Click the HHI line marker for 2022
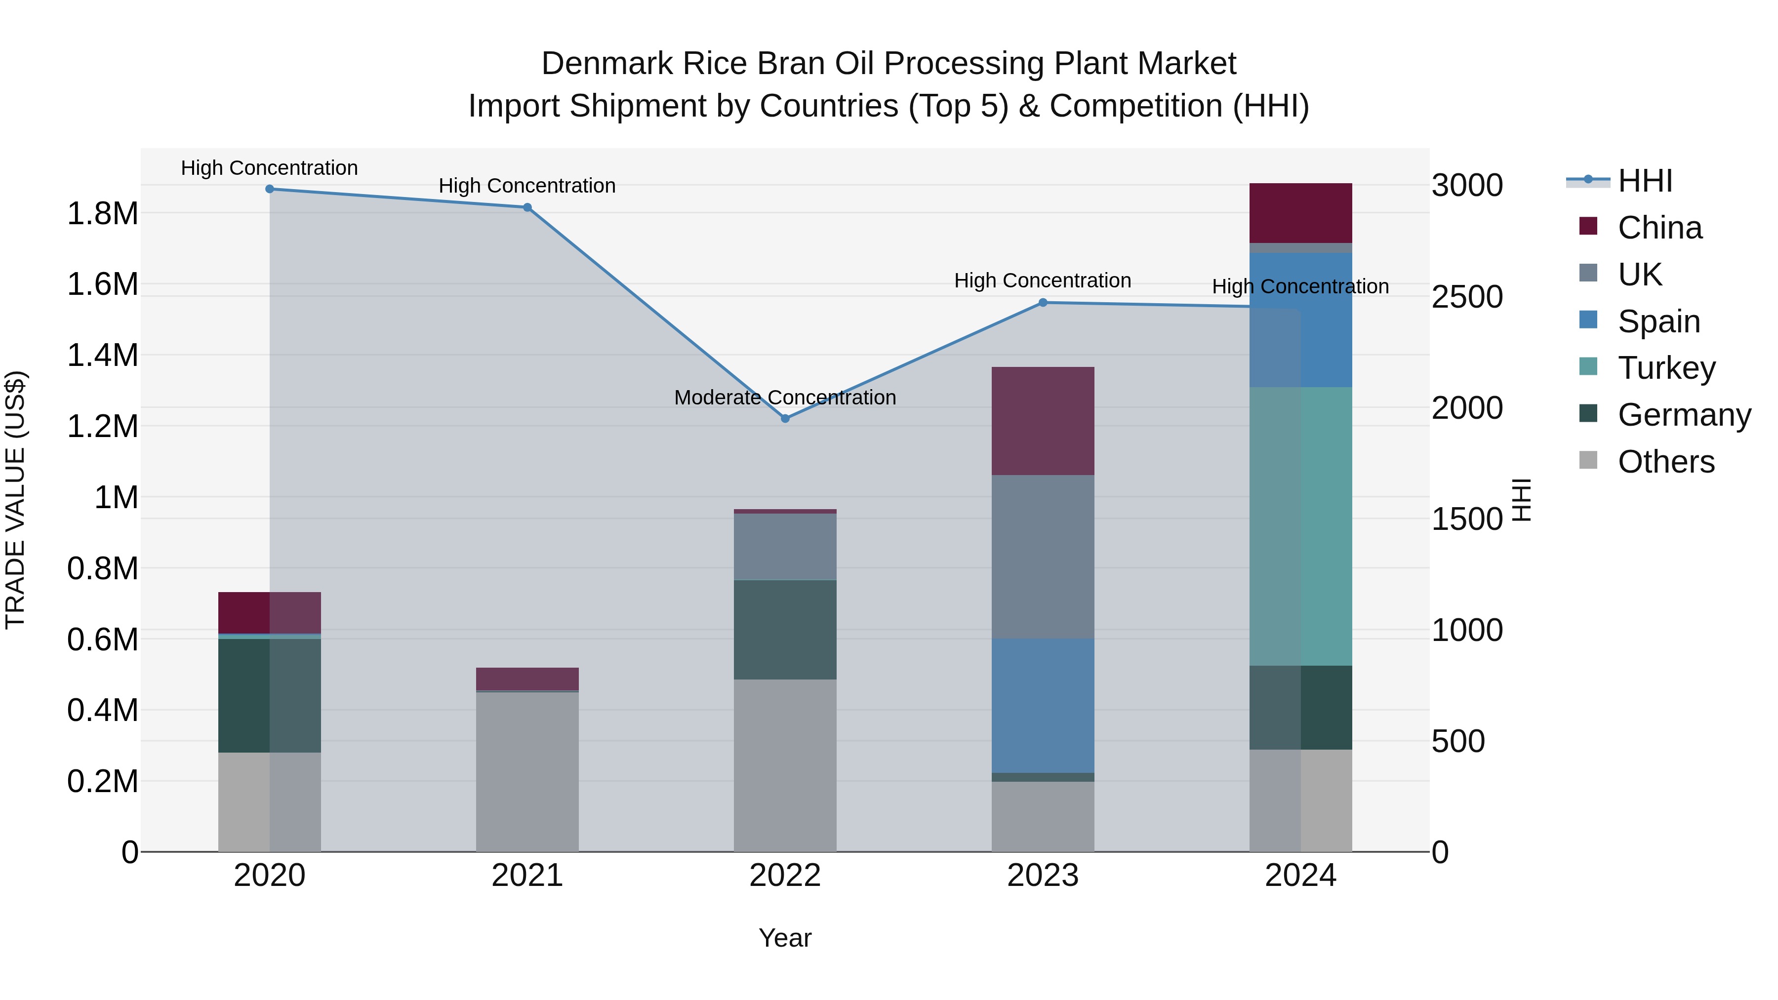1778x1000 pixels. pyautogui.click(x=785, y=418)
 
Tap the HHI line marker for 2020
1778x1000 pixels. pyautogui.click(x=270, y=189)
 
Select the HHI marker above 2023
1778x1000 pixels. pyautogui.click(x=1043, y=302)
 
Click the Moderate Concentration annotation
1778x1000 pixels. pyautogui.click(x=785, y=398)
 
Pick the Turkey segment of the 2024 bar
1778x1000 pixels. pyautogui.click(x=1300, y=526)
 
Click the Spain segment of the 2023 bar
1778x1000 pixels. pyautogui.click(x=1043, y=705)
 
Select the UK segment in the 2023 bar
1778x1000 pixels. pyautogui.click(x=1043, y=556)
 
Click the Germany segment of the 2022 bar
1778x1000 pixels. pyautogui.click(x=785, y=630)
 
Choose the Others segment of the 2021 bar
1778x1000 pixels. pyautogui.click(x=527, y=771)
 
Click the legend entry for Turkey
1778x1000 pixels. pyautogui.click(x=1666, y=368)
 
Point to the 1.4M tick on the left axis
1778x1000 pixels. pyautogui.click(x=102, y=356)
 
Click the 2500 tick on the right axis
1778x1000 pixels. pyautogui.click(x=1467, y=297)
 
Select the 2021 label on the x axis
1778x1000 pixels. pyautogui.click(x=527, y=876)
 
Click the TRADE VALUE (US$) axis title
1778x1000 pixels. pyautogui.click(x=16, y=500)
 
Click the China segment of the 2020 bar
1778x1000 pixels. pyautogui.click(x=270, y=612)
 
